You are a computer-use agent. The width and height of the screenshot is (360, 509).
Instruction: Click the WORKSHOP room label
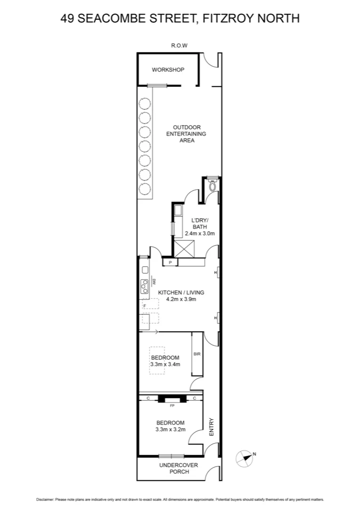click(x=168, y=70)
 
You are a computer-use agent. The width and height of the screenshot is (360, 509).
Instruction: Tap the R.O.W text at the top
click(x=180, y=46)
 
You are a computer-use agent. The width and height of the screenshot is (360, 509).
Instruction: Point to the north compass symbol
click(x=245, y=458)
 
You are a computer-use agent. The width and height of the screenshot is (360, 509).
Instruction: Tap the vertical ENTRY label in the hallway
click(x=212, y=427)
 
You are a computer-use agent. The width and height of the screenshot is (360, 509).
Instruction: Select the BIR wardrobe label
click(x=197, y=354)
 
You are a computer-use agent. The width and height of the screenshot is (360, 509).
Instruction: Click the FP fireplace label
click(x=172, y=405)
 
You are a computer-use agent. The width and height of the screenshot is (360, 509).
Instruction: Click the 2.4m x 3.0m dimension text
click(x=199, y=233)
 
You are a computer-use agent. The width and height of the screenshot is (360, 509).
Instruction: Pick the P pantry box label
click(x=170, y=262)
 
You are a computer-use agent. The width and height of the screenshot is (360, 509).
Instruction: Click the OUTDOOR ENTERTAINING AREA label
click(x=187, y=134)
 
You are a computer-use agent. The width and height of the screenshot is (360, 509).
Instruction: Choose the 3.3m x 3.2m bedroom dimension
click(x=170, y=429)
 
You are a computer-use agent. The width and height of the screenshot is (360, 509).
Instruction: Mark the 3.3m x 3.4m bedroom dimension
click(x=165, y=364)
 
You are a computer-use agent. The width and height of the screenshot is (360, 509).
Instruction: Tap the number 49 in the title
click(x=67, y=19)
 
